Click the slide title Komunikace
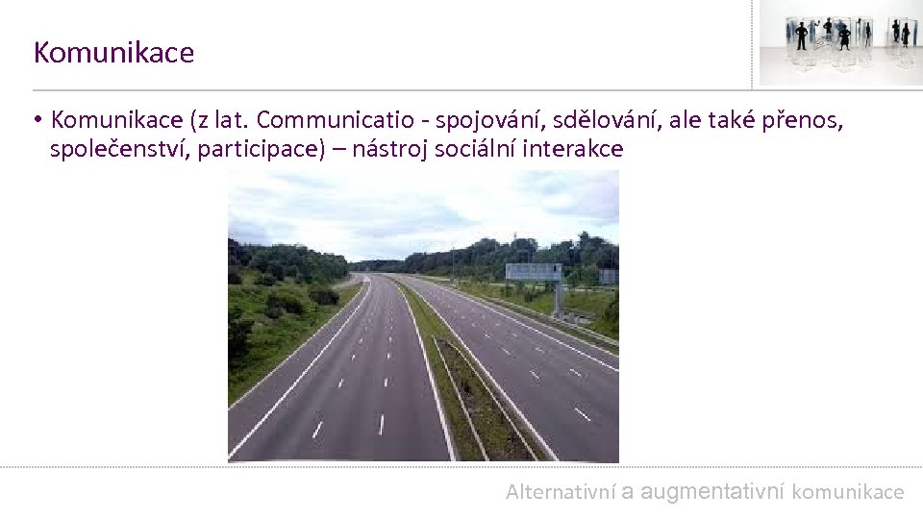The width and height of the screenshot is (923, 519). click(x=113, y=53)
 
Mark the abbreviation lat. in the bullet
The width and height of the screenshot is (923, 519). click(x=230, y=120)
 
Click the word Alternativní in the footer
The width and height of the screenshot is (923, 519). click(x=561, y=492)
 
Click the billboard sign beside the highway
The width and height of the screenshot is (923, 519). click(x=533, y=271)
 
